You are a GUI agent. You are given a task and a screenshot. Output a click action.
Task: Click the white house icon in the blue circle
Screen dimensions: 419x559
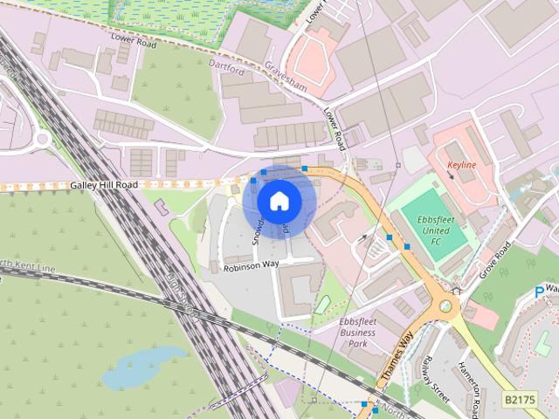pyautogui.click(x=279, y=201)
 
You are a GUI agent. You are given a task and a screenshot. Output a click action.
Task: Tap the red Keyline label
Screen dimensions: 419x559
pyautogui.click(x=460, y=164)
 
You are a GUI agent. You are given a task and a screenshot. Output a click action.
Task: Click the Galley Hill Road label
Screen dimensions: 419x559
pyautogui.click(x=105, y=185)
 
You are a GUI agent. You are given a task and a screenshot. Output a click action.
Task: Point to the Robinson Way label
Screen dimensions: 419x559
pyautogui.click(x=250, y=265)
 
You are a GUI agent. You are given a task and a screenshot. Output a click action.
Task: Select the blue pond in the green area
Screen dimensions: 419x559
pyautogui.click(x=144, y=371)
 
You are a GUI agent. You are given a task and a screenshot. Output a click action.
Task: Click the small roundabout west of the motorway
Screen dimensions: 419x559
pyautogui.click(x=44, y=138)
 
